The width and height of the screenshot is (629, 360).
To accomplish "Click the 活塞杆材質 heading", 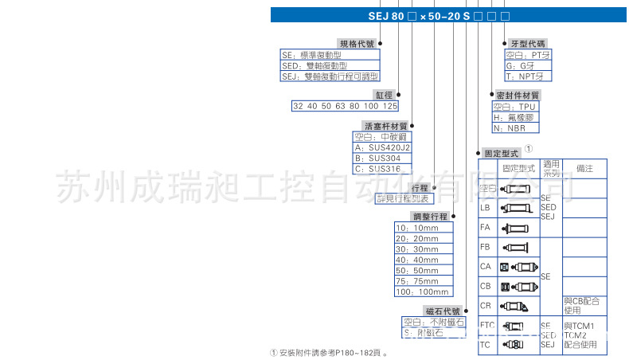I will click(x=385, y=126).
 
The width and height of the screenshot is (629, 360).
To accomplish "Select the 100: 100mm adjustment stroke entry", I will click(x=422, y=292).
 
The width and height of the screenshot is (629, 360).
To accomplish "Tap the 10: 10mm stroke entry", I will click(x=422, y=228).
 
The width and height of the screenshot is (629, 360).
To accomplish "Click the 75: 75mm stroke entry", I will click(x=422, y=280).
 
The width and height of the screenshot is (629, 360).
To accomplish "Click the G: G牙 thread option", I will click(x=522, y=66).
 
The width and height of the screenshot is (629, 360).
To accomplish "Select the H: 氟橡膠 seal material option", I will click(x=514, y=116).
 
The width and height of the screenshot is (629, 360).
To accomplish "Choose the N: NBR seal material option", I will click(x=510, y=127).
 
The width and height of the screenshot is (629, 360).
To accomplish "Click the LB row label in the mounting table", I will click(x=485, y=207).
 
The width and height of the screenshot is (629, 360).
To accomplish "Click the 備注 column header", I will click(x=584, y=168).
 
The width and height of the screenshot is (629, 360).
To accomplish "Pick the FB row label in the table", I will click(x=485, y=247).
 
